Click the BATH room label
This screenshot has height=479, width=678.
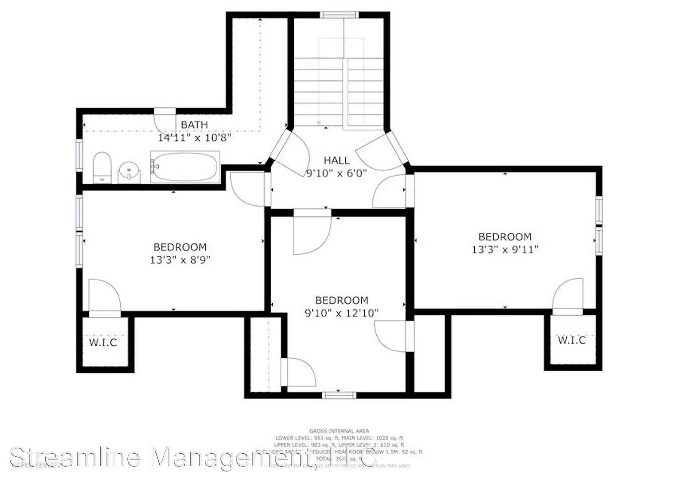click(194, 125)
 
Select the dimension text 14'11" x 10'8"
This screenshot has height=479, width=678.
click(195, 138)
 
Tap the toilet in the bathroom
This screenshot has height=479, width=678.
click(102, 167)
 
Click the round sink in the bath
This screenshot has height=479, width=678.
click(129, 171)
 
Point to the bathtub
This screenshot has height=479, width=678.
click(185, 167)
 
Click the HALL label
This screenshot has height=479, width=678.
click(336, 160)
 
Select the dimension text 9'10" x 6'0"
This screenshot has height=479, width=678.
click(336, 173)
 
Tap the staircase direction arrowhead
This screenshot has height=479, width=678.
click(318, 122)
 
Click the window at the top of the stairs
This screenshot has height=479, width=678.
click(340, 15)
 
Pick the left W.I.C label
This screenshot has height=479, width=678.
click(103, 342)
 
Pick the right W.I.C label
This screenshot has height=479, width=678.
click(572, 340)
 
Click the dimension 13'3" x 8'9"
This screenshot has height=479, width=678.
click(180, 259)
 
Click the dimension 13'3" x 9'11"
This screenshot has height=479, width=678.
click(505, 250)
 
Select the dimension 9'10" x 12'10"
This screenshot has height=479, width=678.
click(342, 313)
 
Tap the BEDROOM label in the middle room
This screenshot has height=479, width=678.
click(342, 300)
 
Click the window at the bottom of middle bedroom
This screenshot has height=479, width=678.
click(339, 395)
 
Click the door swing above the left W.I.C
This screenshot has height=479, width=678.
click(104, 296)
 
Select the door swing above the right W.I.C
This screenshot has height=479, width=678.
click(568, 295)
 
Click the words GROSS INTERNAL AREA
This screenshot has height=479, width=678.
click(339, 431)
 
